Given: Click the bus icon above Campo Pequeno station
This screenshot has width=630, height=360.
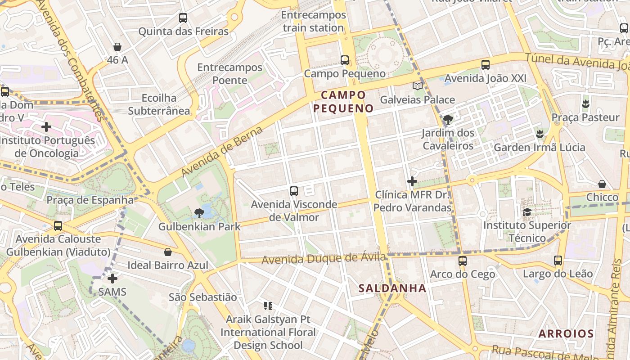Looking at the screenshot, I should tap(345, 60).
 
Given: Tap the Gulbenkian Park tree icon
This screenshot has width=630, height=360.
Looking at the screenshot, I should tap(199, 213).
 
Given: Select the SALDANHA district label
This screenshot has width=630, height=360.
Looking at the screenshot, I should tap(392, 288).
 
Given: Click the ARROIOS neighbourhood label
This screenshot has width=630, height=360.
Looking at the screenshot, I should tap(566, 333).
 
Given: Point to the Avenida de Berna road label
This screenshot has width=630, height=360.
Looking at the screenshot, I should tap(222, 152).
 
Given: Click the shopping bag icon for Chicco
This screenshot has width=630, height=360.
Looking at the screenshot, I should tap(602, 184).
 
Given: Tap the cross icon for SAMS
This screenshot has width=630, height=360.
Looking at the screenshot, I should tap(112, 279).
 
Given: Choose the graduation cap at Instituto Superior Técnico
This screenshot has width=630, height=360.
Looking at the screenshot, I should tap(527, 211).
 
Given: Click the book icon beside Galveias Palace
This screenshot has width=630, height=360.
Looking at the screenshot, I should tap(418, 86).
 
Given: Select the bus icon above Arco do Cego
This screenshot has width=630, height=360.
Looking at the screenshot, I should tap(462, 261).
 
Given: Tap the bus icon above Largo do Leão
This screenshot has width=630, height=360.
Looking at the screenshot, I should tap(558, 260).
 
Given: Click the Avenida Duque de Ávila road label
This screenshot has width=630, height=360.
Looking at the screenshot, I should tap(323, 259).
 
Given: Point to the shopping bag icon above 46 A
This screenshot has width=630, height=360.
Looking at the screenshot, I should tap(117, 46).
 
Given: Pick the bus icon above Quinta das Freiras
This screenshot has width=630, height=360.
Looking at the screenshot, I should tap(183, 18).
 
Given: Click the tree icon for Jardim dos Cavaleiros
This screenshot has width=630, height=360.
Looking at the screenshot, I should tap(448, 119).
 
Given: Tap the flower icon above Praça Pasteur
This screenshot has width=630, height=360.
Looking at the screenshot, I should tap(585, 104).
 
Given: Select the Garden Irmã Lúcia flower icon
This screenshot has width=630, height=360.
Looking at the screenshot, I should tap(539, 134).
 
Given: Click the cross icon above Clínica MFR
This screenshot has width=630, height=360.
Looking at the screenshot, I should tap(412, 181).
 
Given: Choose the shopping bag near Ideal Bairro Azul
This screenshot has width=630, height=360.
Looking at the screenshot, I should tap(168, 252).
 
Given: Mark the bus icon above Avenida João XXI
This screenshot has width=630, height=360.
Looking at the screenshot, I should tap(486, 65).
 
